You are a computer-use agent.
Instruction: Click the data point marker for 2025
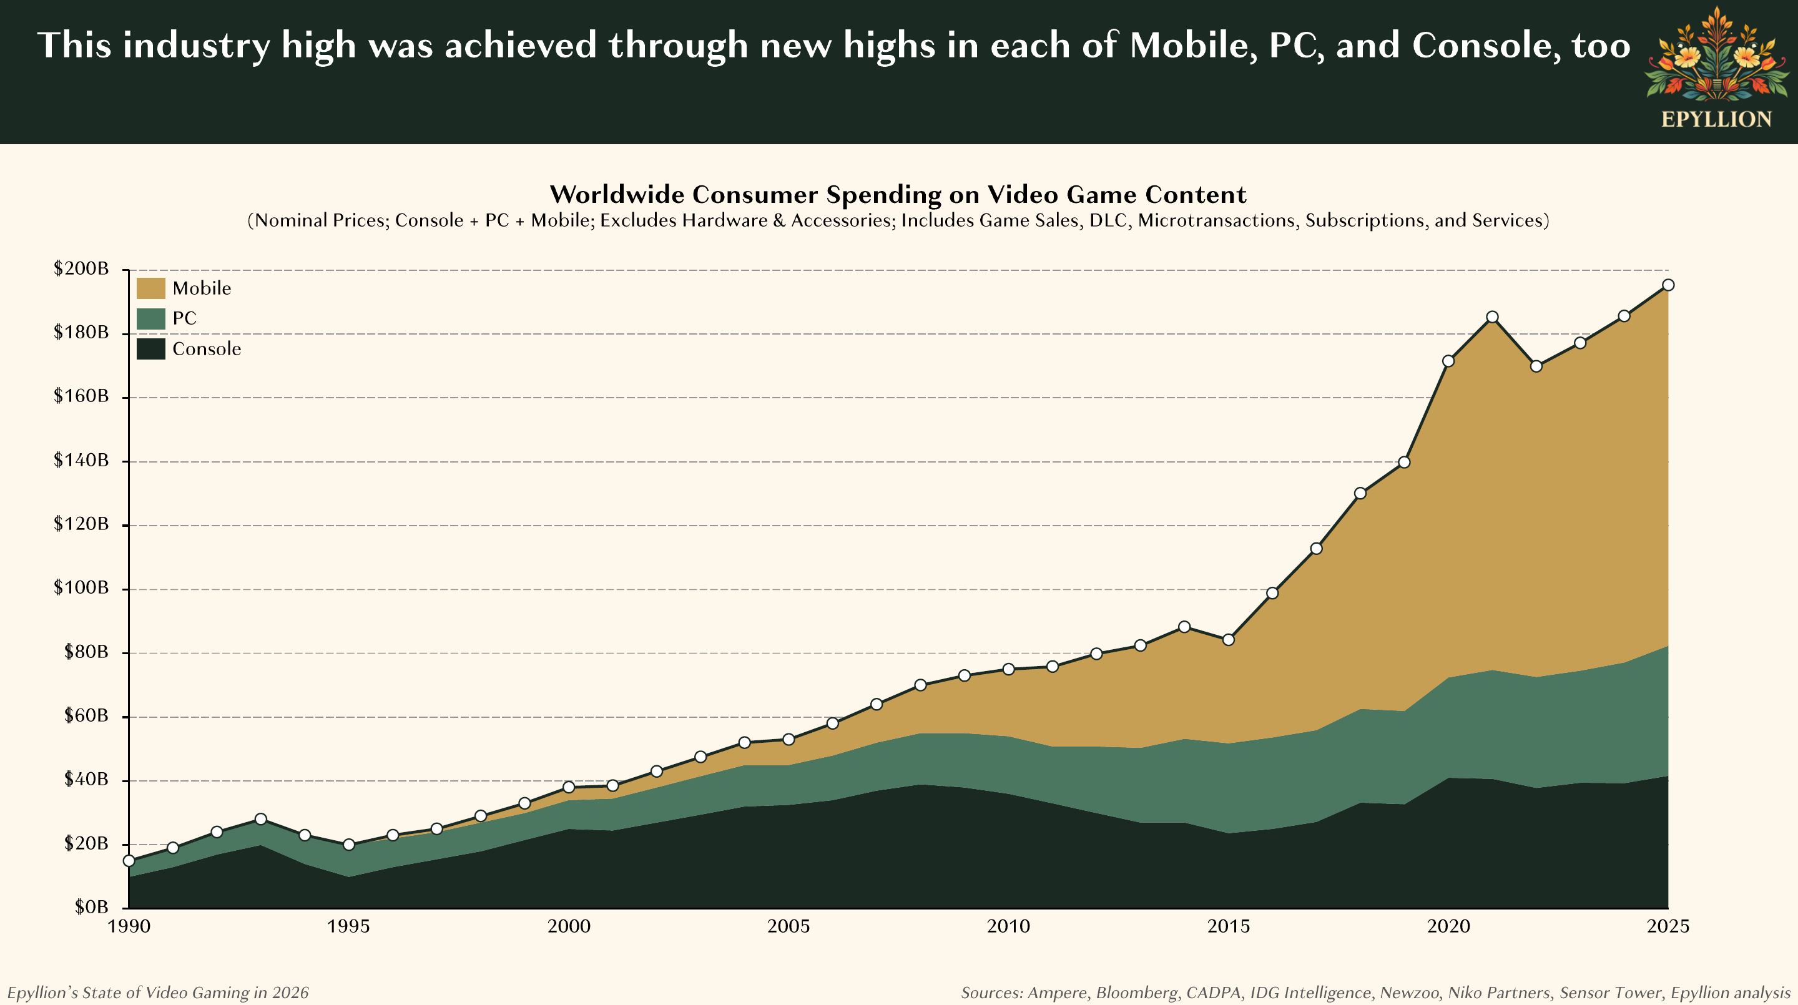tap(1668, 285)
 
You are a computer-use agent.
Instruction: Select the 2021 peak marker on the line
tap(1492, 317)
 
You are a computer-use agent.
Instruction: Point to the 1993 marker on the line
tap(261, 818)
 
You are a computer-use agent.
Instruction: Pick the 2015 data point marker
tap(1229, 639)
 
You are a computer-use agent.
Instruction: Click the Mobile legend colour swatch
tap(150, 288)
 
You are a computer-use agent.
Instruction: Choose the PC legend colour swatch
tap(150, 319)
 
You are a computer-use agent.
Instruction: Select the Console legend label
tap(207, 349)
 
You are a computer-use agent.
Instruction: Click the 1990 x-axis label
tap(129, 927)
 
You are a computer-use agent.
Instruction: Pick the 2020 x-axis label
tap(1448, 927)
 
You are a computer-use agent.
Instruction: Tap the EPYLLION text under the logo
tap(1716, 119)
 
